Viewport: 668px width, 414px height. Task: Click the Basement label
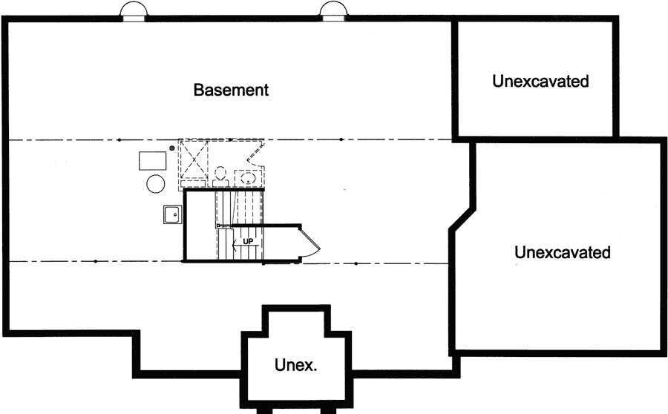point(231,90)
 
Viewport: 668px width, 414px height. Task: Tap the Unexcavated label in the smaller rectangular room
point(540,81)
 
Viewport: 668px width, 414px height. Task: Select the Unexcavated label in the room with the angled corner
point(563,252)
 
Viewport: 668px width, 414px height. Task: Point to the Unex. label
point(296,365)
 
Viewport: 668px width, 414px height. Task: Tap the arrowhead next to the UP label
point(236,241)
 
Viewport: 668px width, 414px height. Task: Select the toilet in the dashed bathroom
point(220,177)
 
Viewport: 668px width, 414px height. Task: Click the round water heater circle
point(155,183)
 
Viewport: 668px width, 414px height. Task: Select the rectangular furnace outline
point(153,160)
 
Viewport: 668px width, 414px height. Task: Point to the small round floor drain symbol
point(172,149)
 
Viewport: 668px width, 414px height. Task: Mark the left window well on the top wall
point(133,11)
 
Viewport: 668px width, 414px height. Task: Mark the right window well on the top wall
point(332,11)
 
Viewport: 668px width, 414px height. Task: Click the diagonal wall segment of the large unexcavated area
point(462,219)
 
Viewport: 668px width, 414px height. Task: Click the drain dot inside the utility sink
point(175,215)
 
